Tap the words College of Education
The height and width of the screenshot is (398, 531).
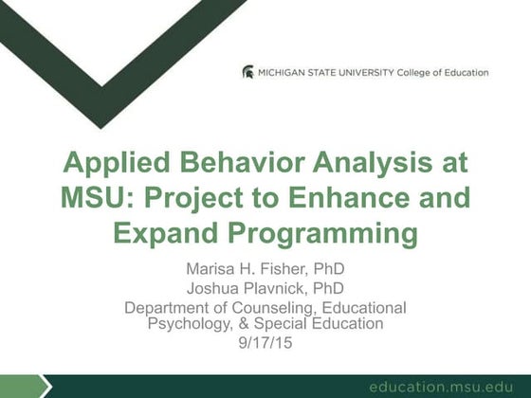(449, 72)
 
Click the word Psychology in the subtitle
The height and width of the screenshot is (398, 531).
(192, 323)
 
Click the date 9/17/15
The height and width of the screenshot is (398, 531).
(265, 341)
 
